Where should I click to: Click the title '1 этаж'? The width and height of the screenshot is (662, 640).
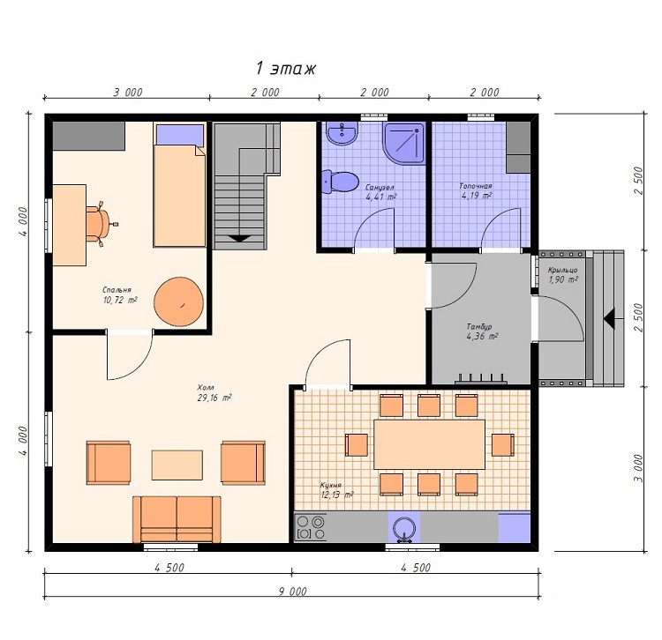tap(286, 68)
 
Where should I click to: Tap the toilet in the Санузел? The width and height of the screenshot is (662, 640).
tap(340, 182)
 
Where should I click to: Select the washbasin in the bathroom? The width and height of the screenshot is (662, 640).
tap(342, 134)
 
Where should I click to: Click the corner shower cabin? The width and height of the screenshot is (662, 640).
tap(403, 143)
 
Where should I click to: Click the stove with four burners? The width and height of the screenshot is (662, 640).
tap(311, 527)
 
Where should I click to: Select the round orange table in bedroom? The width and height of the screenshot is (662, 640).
tap(178, 301)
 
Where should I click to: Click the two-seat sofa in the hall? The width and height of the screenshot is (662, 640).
tap(177, 519)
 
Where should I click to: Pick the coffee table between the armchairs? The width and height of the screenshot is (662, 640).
tap(177, 465)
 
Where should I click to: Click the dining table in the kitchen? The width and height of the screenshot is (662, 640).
tap(429, 444)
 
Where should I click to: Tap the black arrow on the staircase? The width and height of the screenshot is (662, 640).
tap(240, 238)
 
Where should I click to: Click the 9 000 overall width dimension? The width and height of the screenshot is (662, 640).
tap(292, 592)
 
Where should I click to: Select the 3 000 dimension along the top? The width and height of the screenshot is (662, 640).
tap(128, 93)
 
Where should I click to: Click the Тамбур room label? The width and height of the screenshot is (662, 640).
tap(479, 327)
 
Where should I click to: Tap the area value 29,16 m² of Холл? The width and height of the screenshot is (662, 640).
tap(214, 398)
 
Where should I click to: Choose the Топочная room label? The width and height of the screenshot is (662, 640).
tap(476, 186)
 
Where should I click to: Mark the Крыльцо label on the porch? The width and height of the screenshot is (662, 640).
tap(562, 270)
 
